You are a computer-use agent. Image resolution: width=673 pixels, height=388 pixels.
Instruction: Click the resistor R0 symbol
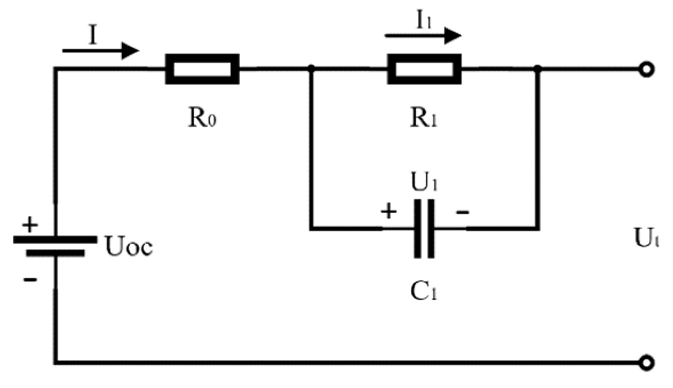tap(202, 69)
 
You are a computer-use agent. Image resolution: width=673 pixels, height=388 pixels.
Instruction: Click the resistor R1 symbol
tap(424, 69)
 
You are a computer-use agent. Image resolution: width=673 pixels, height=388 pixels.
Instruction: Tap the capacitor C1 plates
tap(424, 229)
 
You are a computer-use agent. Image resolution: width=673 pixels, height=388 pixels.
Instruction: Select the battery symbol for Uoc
tap(55, 246)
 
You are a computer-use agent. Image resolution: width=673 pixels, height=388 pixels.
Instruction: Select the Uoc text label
tap(128, 248)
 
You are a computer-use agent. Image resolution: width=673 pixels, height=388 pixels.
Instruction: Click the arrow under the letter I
tap(100, 51)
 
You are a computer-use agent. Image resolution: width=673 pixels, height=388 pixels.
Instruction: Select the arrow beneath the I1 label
tap(423, 36)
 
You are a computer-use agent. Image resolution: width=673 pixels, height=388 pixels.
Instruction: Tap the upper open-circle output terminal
tap(645, 70)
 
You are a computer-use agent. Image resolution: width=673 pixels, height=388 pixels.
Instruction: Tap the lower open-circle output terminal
tap(645, 362)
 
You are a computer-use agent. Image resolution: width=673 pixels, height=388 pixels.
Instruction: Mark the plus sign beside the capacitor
tap(389, 212)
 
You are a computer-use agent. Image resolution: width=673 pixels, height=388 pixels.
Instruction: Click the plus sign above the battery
tap(30, 225)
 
